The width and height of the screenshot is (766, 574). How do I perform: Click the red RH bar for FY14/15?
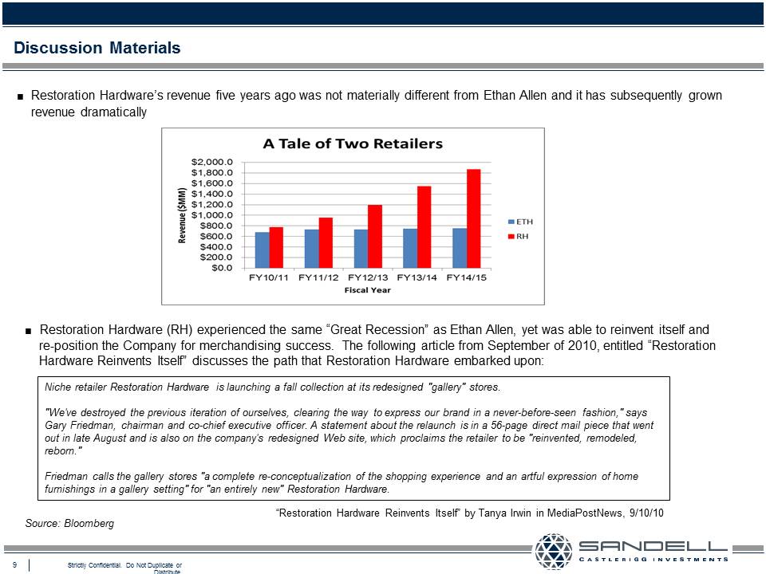pos(473,218)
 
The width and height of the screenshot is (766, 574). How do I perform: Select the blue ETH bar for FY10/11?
pos(263,250)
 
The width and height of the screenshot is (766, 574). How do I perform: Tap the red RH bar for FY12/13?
pos(375,236)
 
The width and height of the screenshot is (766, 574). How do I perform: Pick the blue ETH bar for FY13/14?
pos(410,249)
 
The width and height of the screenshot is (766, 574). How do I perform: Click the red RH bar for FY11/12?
pos(326,242)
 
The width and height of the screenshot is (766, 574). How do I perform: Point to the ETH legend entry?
pos(521,222)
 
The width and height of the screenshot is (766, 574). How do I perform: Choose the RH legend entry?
pos(519,236)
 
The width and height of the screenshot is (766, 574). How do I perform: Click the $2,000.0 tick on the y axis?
pos(212,162)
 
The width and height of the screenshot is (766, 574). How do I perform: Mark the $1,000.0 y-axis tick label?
pos(212,214)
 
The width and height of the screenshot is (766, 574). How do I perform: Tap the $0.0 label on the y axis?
pos(223,268)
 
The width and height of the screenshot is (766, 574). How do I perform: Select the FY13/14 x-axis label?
pos(417,277)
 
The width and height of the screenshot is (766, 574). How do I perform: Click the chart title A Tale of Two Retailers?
pos(353,143)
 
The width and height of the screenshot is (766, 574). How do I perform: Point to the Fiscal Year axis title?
pos(367,290)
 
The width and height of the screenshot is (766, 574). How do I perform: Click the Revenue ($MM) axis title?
pos(182,215)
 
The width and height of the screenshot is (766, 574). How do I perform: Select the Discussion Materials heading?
pos(97,48)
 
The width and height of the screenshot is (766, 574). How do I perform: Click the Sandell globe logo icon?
pos(554,552)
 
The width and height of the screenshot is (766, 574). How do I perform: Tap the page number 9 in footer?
pos(14,564)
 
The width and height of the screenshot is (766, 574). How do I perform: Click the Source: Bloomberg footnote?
pos(69,523)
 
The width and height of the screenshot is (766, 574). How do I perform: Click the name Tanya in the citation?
pos(494,513)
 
